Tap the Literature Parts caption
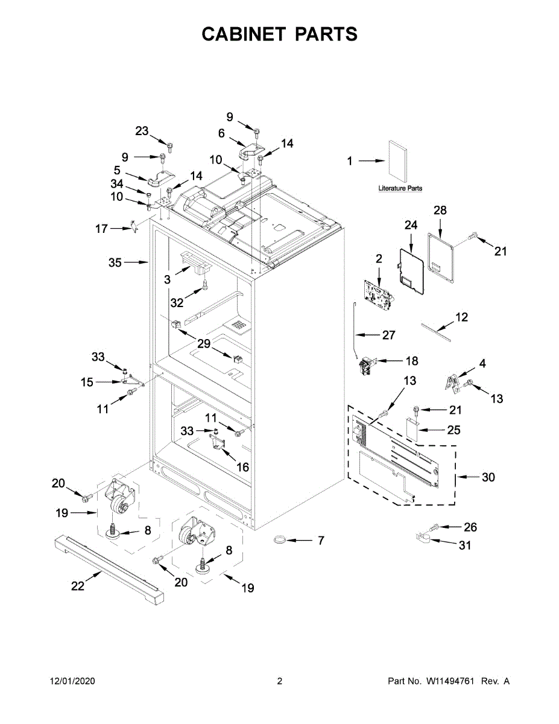400,188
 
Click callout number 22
78,586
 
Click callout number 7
321,541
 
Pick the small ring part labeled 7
280,538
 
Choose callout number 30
488,477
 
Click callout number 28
440,210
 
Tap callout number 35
115,262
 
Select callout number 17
101,229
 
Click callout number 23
142,131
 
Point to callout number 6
221,133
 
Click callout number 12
461,317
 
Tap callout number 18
411,361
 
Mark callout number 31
465,545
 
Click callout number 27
387,335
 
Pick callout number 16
242,467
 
